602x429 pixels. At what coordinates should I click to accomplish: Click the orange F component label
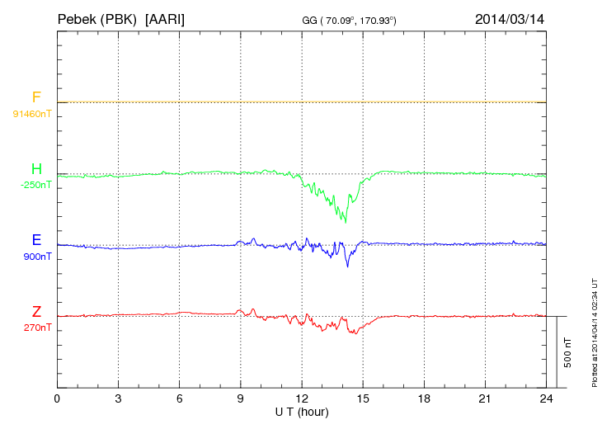click(36, 97)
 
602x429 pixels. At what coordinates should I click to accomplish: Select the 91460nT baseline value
click(32, 113)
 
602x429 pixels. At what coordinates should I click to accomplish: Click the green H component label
click(36, 169)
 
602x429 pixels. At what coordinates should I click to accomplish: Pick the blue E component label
click(36, 240)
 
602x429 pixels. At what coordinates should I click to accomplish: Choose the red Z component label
click(36, 311)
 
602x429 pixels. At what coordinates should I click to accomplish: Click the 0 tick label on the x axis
click(57, 399)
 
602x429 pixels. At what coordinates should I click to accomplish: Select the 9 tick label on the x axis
click(241, 399)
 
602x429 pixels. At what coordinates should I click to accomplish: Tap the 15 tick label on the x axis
click(363, 399)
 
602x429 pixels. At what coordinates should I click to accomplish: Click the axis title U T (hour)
click(302, 411)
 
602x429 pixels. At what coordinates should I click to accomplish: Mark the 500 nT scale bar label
click(567, 352)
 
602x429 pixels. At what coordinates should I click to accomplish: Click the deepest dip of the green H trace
click(346, 222)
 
